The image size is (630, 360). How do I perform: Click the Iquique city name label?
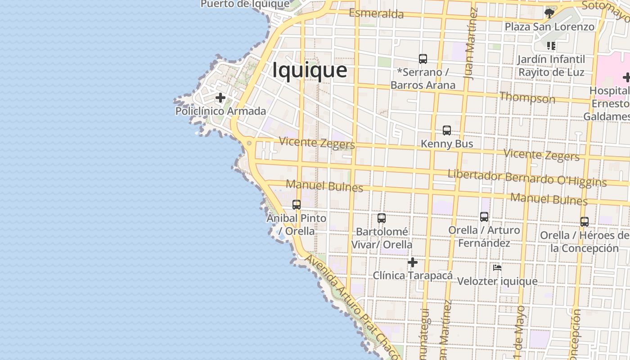click(310, 71)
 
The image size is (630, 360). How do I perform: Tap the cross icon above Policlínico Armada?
click(220, 97)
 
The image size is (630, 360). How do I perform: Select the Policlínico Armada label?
click(220, 111)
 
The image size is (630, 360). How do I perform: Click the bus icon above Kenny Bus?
click(447, 130)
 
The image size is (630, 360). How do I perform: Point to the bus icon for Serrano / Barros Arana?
click(423, 58)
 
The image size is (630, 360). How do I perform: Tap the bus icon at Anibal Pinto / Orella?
click(297, 205)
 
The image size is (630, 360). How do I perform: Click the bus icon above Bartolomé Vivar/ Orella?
click(382, 218)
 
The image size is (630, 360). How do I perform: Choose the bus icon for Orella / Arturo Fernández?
click(484, 217)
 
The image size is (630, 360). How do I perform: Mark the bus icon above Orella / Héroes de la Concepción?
click(585, 222)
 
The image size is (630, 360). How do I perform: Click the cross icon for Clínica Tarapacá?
click(413, 262)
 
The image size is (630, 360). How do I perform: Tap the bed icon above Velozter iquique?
click(497, 268)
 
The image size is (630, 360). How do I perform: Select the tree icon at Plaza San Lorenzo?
click(549, 13)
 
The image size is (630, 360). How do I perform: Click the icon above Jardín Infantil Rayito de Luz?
click(551, 45)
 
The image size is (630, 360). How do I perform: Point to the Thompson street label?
click(527, 97)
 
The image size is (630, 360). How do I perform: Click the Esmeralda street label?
click(376, 13)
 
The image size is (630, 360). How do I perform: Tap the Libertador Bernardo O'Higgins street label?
click(527, 178)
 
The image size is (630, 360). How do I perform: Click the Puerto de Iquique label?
click(245, 4)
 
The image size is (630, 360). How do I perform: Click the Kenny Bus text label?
click(447, 144)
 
